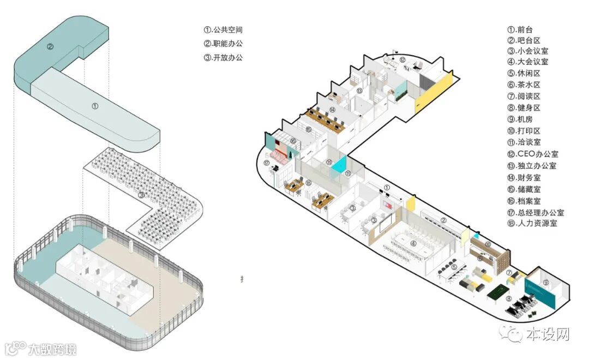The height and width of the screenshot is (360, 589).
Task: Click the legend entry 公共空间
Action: click(x=223, y=31)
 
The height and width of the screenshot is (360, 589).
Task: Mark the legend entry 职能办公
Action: click(x=223, y=44)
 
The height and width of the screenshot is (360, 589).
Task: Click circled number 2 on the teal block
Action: click(x=50, y=46)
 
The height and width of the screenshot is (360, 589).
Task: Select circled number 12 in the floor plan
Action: click(x=402, y=60)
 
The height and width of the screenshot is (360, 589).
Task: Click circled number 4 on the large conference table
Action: click(x=413, y=244)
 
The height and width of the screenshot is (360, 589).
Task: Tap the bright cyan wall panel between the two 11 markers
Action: click(x=339, y=164)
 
